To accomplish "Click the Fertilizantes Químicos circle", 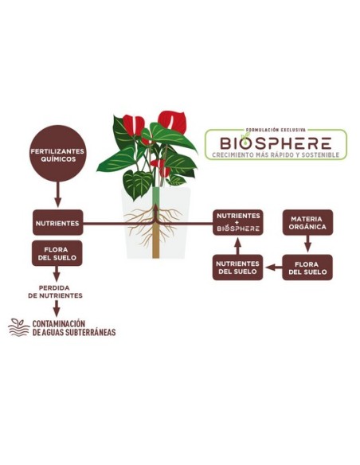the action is point(57,154).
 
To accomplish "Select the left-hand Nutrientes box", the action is point(58,223).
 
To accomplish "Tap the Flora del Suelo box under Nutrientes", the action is point(57,253).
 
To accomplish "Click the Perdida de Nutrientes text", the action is point(56,291).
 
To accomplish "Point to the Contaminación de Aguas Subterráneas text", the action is point(74,328).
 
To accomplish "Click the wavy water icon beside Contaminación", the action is point(19,327).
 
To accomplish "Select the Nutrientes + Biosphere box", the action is point(238,222).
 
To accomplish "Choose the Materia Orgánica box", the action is point(307,222).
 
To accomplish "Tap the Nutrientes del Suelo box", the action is point(238,268).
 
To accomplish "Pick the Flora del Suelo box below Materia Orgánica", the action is point(307,268).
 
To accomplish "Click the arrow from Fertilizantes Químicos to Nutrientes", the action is point(58,195).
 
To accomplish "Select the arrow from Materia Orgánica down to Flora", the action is point(307,244).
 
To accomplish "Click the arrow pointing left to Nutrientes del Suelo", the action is point(274,268).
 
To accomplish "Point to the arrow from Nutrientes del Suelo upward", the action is point(237,246).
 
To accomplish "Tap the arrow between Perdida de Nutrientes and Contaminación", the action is point(57,308).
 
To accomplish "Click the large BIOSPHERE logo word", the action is point(276,143).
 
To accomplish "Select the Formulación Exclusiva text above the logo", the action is point(276,130).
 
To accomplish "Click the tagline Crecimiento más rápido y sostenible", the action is point(276,154).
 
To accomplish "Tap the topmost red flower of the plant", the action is point(172,122).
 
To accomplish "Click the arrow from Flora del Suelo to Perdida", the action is point(57,274).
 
